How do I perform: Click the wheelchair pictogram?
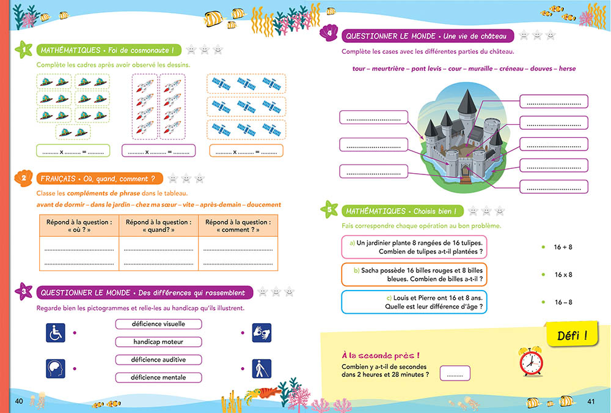(x=55, y=333)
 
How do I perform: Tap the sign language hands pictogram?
(x=262, y=333)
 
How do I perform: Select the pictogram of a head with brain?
(x=55, y=368)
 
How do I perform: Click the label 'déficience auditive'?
(x=158, y=360)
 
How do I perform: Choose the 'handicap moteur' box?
(x=158, y=341)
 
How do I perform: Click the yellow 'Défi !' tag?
(x=572, y=335)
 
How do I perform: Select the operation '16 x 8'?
(x=563, y=275)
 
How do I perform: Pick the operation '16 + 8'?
(x=563, y=247)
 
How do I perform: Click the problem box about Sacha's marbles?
(x=414, y=275)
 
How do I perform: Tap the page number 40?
(x=18, y=401)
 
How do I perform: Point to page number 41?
(x=591, y=401)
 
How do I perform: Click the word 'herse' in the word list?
(x=566, y=69)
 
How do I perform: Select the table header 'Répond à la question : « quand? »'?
(x=158, y=226)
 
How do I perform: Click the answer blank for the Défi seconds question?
(x=455, y=373)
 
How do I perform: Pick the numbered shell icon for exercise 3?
(x=23, y=292)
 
